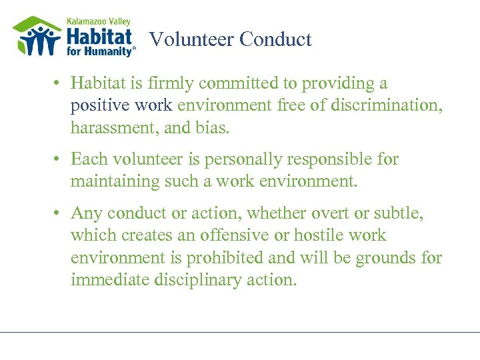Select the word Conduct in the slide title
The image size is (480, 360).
click(275, 40)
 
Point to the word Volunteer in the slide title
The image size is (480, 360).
click(192, 40)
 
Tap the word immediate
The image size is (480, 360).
click(111, 279)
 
